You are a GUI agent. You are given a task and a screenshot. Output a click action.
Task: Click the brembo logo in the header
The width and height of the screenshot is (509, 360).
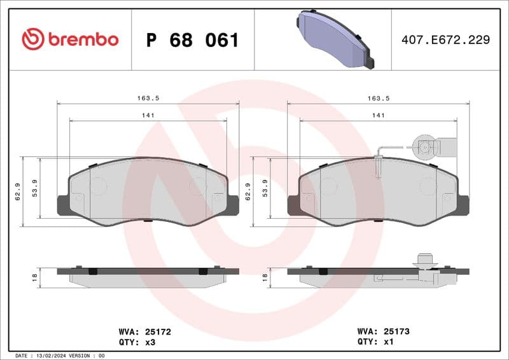[70, 39]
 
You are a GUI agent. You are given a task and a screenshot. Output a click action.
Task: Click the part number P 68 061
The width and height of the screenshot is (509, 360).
[192, 41]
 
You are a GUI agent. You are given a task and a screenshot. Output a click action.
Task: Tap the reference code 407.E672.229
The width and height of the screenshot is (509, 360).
[445, 40]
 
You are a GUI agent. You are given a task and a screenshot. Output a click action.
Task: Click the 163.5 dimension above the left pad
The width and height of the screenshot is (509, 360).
[148, 98]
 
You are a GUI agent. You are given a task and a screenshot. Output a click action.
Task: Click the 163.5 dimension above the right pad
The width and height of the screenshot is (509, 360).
[379, 98]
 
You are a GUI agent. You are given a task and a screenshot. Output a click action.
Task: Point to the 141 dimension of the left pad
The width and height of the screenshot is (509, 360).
[148, 115]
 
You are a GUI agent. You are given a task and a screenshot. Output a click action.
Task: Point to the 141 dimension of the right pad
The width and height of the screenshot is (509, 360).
[379, 115]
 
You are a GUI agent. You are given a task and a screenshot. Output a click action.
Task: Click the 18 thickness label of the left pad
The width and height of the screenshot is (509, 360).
[34, 277]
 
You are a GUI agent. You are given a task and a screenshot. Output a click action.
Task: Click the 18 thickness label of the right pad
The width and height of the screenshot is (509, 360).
[264, 277]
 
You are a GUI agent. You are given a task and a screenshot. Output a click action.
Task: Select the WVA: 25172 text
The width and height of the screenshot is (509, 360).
[144, 331]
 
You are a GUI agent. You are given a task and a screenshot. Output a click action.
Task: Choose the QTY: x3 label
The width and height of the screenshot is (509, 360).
[137, 342]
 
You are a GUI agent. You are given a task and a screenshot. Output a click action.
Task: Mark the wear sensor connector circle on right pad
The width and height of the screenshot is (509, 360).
[424, 146]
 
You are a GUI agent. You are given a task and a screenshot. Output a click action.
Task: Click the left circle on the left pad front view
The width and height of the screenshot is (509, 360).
[98, 186]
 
